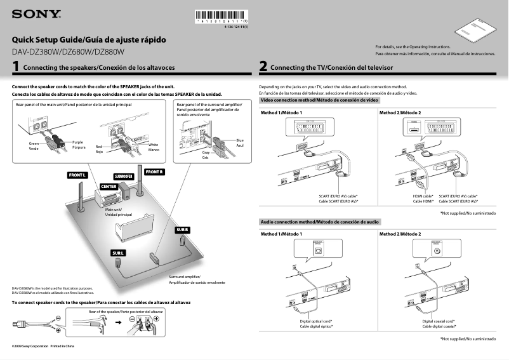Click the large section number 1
15,66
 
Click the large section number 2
263,66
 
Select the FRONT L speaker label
77,175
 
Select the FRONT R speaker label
154,172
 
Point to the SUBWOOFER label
124,176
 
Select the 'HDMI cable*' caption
423,196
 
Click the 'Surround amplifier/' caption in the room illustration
185,277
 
